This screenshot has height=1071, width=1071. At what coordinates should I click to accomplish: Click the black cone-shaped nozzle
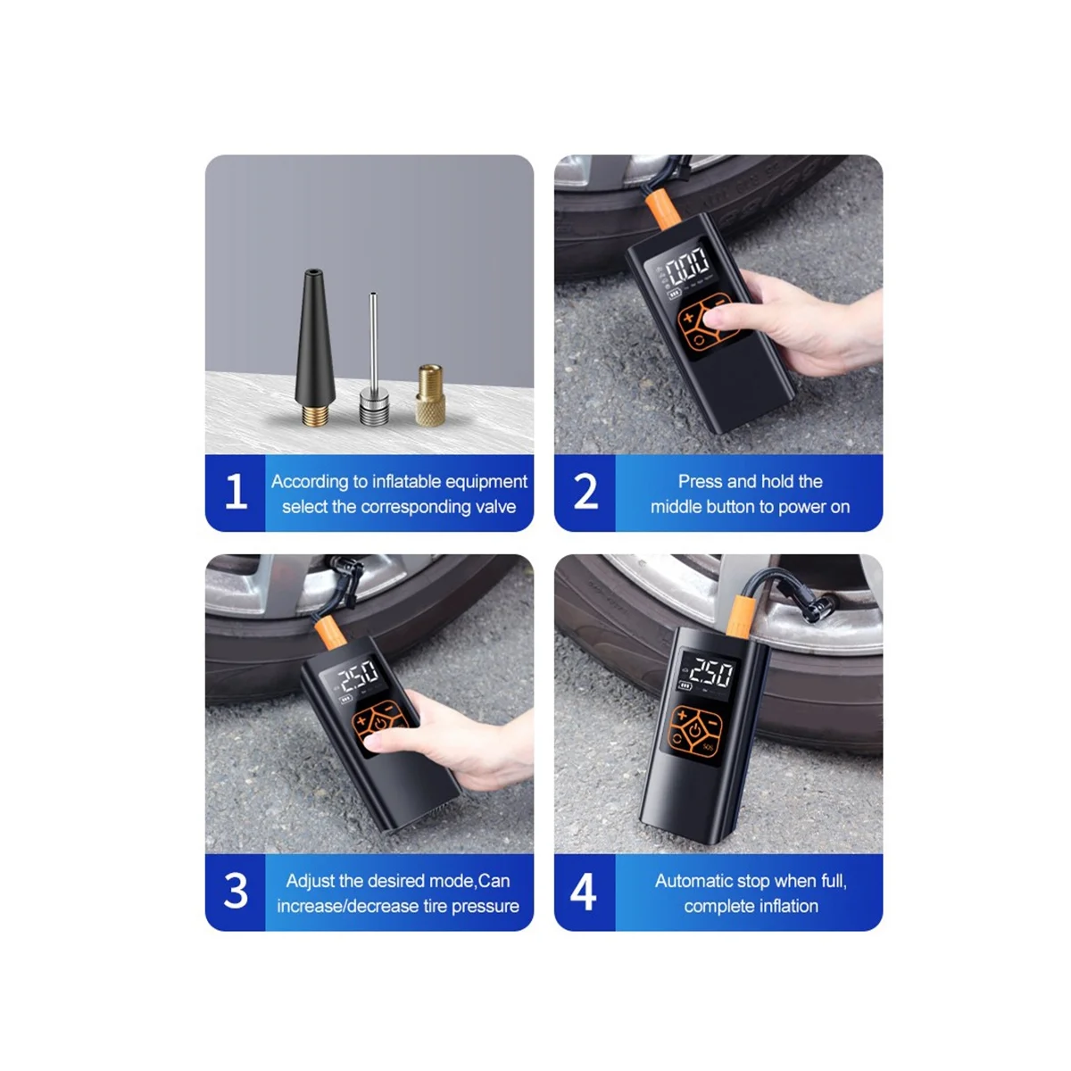coord(314,347)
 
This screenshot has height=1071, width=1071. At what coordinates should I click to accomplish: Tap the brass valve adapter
coord(430,394)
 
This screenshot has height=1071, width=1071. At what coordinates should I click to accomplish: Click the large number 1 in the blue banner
coord(237,491)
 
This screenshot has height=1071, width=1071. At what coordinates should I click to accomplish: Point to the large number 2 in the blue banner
coord(585,491)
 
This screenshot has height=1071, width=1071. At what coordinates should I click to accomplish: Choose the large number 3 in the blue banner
coord(236,891)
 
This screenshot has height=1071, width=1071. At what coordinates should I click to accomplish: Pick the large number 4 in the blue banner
coord(584,891)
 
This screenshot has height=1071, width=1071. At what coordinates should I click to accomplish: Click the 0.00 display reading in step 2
coord(687,267)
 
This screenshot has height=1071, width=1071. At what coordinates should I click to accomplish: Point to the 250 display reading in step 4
coord(712,673)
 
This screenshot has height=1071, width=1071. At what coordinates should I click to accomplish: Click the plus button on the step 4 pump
coord(682,716)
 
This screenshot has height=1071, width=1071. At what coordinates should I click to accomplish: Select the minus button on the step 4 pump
coord(713,723)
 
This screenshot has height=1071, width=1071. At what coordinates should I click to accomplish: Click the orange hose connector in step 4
coord(741,615)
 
